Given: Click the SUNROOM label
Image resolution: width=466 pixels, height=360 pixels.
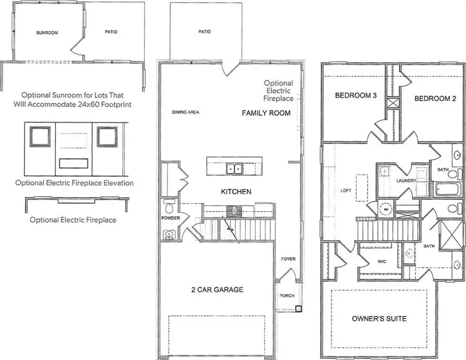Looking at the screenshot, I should coord(47,32).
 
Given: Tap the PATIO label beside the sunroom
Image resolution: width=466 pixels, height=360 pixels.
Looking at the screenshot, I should coord(111,32).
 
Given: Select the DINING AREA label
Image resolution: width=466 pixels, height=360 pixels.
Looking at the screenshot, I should coord(186,112).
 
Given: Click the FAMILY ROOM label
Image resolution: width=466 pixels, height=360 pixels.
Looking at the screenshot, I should coord(266,113).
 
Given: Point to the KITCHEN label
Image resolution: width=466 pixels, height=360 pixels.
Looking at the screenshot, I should coord(236,191).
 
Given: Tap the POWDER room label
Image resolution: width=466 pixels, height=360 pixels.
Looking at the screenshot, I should coord(170,218).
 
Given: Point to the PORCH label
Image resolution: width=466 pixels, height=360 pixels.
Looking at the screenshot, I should coord(287,296).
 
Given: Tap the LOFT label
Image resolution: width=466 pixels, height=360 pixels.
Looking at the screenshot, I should coord(346,190).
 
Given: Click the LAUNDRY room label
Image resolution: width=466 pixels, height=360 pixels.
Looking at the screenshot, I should coord(406,181).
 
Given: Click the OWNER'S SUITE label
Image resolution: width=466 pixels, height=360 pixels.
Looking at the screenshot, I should coord(379,319).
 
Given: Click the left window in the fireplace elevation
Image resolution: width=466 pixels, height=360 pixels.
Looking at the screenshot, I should coord(40,137).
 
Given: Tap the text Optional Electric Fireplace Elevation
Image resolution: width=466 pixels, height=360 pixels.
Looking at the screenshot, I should coord(75,183).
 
